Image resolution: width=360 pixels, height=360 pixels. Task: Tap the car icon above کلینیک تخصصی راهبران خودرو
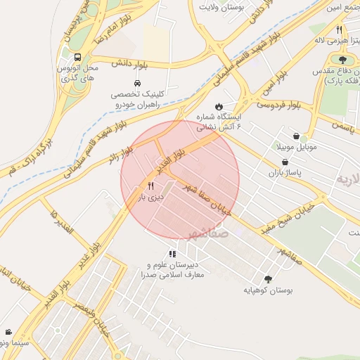[127, 83]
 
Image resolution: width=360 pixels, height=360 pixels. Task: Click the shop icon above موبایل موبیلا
[296, 136]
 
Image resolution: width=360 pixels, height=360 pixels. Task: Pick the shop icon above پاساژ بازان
[284, 161]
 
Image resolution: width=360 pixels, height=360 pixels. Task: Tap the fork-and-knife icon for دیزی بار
[150, 186]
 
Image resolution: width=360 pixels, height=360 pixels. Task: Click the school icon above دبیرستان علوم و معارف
[172, 254]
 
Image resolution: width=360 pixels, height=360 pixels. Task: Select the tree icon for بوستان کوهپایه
[268, 278]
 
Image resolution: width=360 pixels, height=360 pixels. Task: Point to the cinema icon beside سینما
[8, 332]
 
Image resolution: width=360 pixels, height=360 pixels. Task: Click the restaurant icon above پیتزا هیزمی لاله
[339, 30]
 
